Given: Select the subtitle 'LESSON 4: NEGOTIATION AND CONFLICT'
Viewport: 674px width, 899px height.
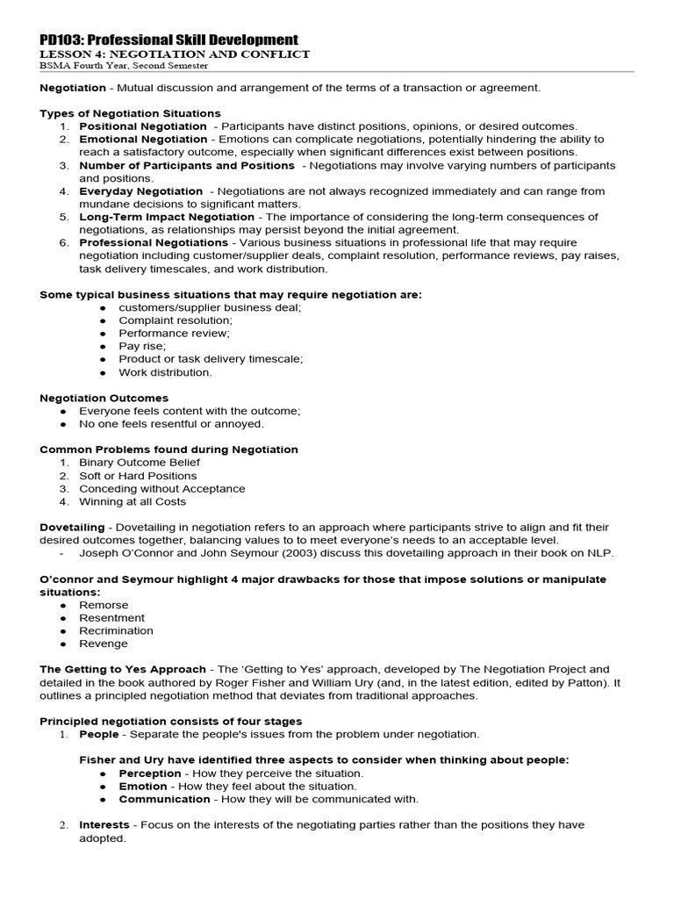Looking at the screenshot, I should tap(175, 54).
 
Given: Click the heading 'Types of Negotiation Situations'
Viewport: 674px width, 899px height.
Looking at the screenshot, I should tap(130, 113).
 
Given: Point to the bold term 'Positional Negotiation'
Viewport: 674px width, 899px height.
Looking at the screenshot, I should tap(143, 126).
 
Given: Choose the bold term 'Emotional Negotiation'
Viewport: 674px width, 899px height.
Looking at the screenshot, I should tap(143, 139).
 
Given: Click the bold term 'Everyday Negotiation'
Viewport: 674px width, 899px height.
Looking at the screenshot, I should tap(140, 191).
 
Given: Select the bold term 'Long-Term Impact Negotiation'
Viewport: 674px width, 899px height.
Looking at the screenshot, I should tap(167, 217).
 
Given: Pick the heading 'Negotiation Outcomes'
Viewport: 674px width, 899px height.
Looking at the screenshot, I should tap(104, 398).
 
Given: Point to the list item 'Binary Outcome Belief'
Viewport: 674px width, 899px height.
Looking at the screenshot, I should tap(140, 463).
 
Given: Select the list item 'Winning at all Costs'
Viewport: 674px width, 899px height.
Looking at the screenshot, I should tap(133, 502).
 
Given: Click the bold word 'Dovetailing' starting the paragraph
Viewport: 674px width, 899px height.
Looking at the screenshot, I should tap(72, 528).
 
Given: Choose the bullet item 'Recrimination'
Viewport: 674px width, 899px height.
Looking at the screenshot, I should tap(116, 630).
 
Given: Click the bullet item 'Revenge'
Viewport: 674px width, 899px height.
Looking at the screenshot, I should tap(104, 644).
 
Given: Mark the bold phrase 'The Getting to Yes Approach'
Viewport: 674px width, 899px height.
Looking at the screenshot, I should tap(123, 669).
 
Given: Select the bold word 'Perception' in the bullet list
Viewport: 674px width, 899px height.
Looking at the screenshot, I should tap(150, 773).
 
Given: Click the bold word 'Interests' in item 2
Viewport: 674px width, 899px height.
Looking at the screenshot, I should tap(104, 825).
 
